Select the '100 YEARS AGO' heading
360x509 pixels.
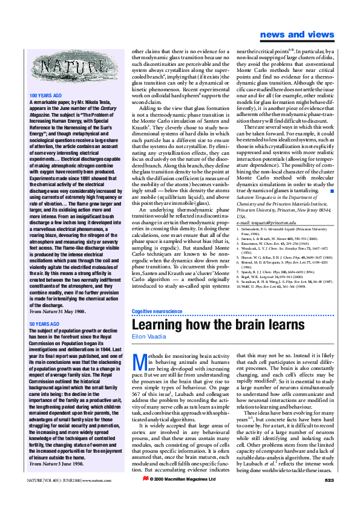(x=46, y=96)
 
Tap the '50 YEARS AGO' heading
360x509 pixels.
(x=44, y=325)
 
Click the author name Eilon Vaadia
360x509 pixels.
(x=149, y=336)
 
